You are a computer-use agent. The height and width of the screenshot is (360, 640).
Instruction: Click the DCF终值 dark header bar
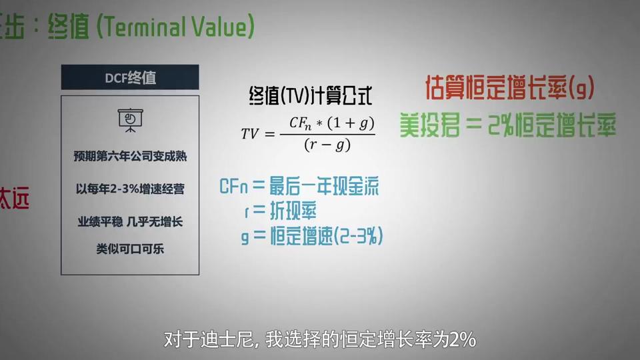(130, 77)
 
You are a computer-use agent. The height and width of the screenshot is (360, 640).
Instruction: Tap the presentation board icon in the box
(130, 120)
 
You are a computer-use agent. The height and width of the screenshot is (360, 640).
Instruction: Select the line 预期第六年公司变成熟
(130, 156)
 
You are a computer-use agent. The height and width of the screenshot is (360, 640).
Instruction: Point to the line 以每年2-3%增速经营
(130, 189)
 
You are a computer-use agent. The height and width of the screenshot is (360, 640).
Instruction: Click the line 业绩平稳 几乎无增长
(130, 221)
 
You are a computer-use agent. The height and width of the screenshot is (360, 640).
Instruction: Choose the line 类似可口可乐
(130, 249)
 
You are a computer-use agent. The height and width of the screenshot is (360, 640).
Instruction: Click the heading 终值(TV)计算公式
(311, 96)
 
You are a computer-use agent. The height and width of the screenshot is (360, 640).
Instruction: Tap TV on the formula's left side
(250, 133)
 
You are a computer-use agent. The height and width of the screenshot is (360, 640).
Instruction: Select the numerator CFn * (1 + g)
(331, 123)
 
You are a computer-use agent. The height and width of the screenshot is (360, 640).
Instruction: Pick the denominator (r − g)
(327, 145)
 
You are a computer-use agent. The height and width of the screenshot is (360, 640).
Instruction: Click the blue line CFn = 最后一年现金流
(299, 186)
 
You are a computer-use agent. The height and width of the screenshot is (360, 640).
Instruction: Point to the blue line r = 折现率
(281, 211)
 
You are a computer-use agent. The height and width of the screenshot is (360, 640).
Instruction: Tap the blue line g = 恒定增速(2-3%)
(312, 236)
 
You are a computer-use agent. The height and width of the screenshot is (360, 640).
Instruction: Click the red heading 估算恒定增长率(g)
(510, 87)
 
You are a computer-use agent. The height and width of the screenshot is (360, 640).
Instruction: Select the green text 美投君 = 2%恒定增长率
(508, 125)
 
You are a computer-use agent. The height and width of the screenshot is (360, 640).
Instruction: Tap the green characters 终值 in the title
(68, 27)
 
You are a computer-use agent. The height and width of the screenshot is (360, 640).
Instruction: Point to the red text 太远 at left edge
(15, 199)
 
